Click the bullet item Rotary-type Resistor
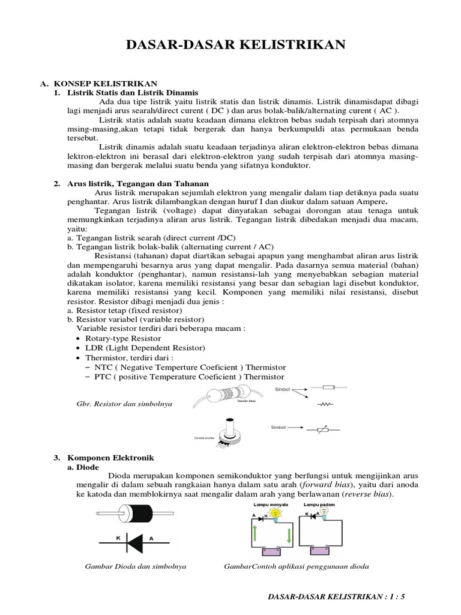119,338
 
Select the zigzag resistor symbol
325,404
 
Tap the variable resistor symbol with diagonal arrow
323,430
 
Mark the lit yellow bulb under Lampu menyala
276,513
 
